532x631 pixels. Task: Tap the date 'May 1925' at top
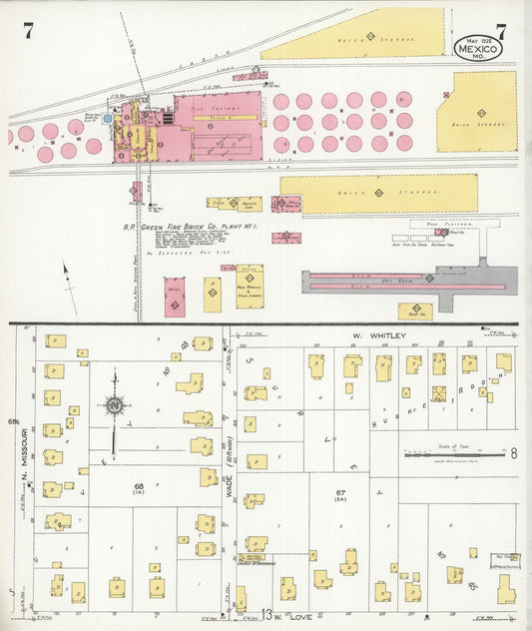tap(479, 28)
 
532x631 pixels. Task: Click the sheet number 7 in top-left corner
tap(28, 31)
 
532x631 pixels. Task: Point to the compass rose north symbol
tap(115, 405)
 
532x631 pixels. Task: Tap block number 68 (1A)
tap(139, 489)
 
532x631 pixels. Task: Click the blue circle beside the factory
tap(108, 118)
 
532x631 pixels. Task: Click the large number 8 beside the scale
tap(513, 453)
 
